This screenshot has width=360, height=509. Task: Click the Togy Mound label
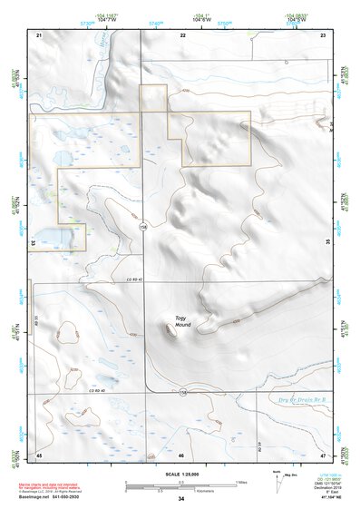pos(183,322)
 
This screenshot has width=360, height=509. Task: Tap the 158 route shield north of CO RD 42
pos(143,227)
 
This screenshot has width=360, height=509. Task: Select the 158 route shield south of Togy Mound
pos(182,392)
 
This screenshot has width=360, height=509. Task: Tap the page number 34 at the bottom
pos(181,499)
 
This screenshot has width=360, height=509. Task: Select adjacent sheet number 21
pos(39,34)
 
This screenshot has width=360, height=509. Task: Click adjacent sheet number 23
pos(323,34)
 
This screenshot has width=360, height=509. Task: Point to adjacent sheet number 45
pos(39,454)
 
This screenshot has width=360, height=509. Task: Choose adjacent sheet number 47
pos(323,454)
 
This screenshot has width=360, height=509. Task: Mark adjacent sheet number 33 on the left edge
pos(34,243)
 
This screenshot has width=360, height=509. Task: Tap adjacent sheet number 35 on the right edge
pos(328,243)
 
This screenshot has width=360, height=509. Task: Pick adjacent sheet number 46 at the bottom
pos(181,454)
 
